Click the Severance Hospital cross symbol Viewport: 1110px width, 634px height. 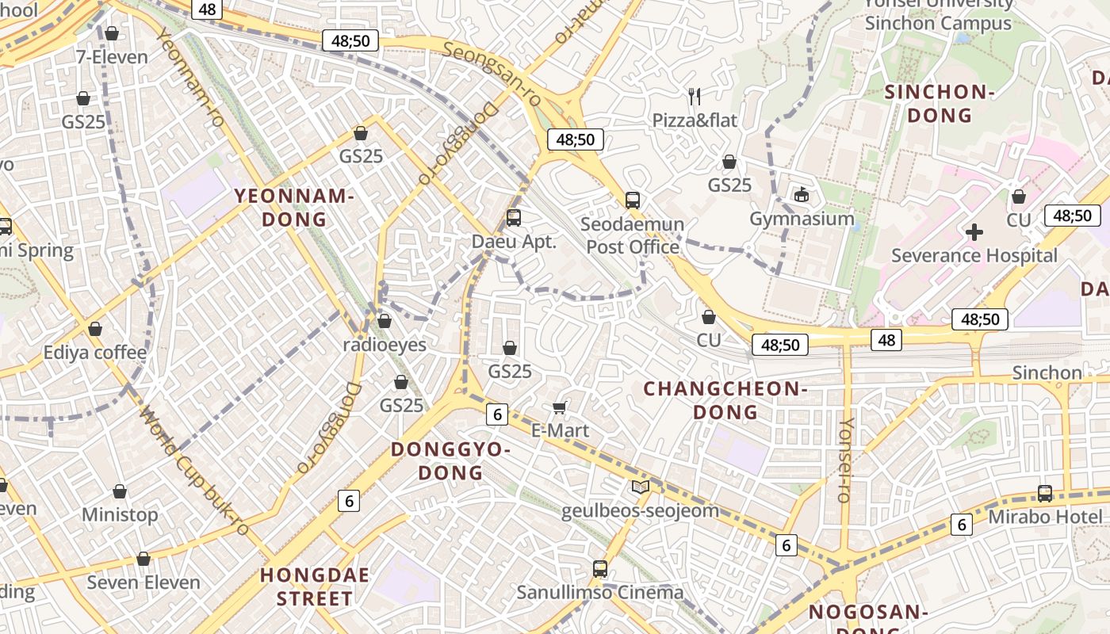974,232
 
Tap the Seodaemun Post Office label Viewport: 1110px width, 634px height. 633,235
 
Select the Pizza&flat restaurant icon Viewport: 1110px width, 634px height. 695,97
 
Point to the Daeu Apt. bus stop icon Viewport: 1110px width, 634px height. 514,217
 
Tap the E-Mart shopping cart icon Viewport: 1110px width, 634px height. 560,407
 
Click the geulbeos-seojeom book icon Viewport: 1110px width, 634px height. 640,487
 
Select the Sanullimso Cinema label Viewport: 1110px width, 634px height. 600,592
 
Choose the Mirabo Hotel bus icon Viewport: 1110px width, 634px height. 1045,493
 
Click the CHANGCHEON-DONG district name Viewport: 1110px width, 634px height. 725,400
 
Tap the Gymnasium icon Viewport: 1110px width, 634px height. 802,194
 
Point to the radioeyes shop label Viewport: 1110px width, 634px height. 385,345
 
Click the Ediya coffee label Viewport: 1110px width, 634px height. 95,352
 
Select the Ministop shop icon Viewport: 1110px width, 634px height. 120,491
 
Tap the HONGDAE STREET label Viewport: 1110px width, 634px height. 315,586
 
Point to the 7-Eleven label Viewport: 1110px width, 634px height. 112,57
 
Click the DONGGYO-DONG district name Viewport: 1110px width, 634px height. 450,461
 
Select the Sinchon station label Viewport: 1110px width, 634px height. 1047,372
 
